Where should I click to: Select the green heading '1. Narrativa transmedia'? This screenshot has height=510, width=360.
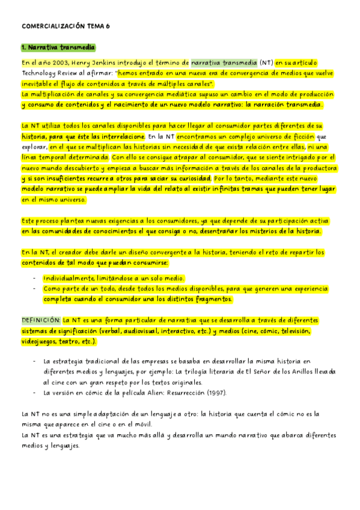58,47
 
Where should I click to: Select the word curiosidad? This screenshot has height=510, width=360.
194,179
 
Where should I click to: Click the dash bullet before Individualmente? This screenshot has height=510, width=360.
34,278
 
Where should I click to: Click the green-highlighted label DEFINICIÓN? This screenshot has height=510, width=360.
41,320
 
